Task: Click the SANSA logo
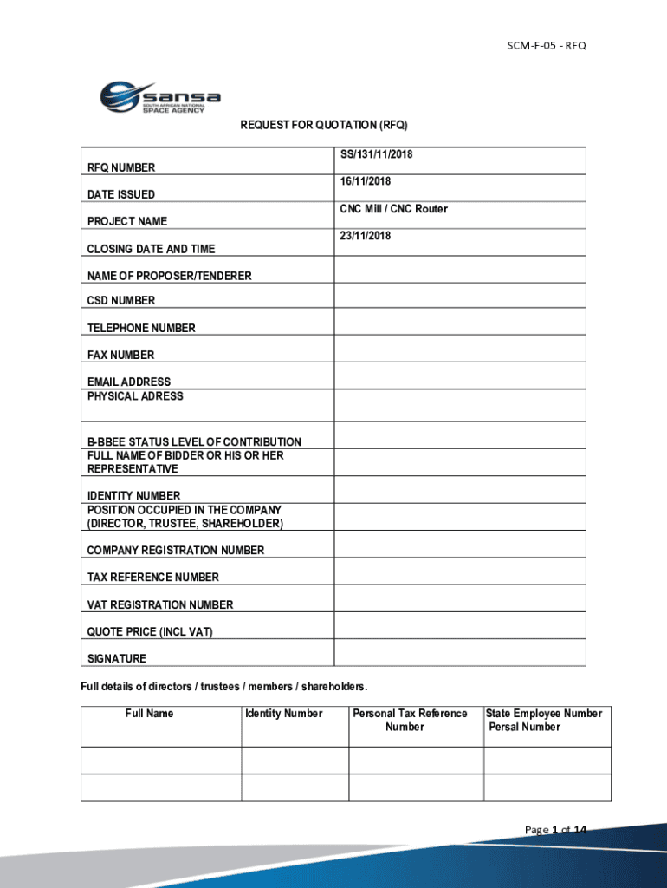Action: [x=159, y=97]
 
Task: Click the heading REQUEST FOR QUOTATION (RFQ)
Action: [x=323, y=126]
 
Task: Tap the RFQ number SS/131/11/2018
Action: [x=376, y=154]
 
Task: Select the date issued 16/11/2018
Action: [x=366, y=181]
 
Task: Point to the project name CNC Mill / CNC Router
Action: [x=393, y=209]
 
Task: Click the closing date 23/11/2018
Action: [x=366, y=236]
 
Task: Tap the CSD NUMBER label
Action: [x=121, y=301]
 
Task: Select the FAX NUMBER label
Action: [x=120, y=355]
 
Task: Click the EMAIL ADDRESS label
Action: [x=129, y=382]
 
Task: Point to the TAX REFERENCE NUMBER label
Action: [x=153, y=578]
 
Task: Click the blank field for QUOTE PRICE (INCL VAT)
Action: [x=460, y=625]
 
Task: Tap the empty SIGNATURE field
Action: [x=460, y=652]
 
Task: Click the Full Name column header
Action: [x=149, y=714]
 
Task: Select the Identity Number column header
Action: [x=284, y=714]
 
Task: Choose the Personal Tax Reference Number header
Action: [x=410, y=720]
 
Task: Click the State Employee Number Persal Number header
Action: [x=544, y=720]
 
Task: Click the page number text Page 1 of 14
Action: [x=555, y=830]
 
